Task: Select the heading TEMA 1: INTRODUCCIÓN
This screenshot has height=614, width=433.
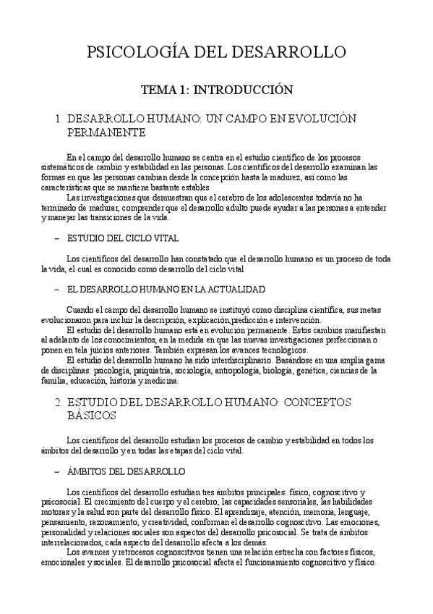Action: tap(216, 91)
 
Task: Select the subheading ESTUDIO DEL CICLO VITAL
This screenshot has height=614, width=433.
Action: tap(123, 237)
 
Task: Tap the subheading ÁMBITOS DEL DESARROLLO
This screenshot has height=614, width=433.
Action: tap(126, 471)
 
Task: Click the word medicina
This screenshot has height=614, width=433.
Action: tap(163, 380)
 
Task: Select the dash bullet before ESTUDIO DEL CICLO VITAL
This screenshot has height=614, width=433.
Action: tap(56, 237)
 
